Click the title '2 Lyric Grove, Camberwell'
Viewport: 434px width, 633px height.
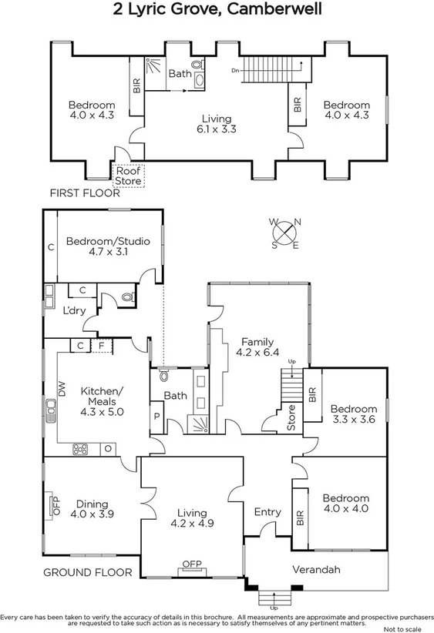(217, 10)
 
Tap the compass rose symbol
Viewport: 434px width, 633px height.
(285, 233)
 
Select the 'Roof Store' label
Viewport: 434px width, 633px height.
(128, 176)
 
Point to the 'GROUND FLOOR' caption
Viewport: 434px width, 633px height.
(87, 572)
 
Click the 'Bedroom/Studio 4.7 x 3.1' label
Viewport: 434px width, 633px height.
(107, 246)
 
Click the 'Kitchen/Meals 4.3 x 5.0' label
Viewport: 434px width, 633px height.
(102, 401)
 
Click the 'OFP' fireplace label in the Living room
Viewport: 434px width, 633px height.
(191, 564)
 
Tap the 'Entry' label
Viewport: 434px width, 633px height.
(267, 512)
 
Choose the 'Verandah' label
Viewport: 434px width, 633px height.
(316, 570)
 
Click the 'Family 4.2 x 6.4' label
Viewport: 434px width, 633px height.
(257, 347)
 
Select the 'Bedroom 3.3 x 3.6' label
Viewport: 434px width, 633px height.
(354, 414)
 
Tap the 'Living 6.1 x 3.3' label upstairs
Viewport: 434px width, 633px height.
(216, 124)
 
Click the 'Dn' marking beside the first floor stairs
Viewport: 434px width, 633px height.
(234, 71)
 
